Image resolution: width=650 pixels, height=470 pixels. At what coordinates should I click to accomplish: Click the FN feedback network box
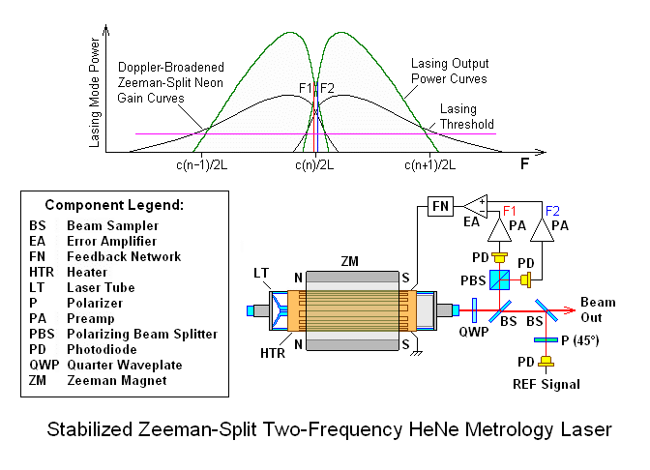440,206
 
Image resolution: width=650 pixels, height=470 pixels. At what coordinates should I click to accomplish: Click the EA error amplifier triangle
476,206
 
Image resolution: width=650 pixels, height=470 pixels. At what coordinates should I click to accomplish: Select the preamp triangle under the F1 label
501,228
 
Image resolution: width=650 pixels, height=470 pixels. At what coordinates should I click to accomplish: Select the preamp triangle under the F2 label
552,228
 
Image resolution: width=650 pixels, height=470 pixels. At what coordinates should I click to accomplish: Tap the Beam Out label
597,309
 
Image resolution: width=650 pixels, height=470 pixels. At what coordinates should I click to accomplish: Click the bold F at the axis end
525,165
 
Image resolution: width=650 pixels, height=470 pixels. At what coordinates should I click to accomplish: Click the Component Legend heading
121,206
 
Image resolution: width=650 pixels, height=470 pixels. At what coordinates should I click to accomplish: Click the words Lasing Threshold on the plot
466,116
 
